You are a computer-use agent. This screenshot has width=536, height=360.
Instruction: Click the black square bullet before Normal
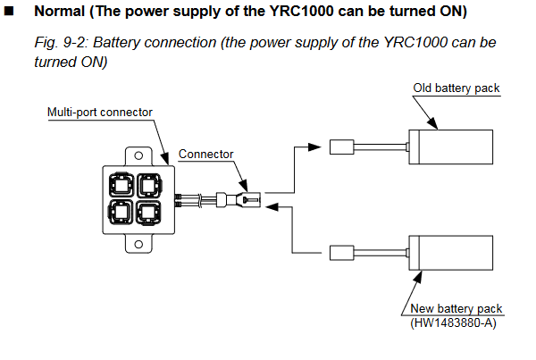9,11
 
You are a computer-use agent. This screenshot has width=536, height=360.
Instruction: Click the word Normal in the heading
60,12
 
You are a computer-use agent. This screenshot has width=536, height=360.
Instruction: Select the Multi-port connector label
100,113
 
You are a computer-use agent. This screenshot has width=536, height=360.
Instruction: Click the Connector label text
205,155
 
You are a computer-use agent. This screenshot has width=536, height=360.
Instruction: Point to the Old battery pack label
456,88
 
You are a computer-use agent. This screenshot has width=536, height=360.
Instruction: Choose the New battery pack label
456,308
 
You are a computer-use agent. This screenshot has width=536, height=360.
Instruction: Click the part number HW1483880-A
453,323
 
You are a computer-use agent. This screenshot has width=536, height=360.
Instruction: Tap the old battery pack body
451,147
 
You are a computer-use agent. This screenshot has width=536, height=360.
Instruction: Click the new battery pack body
451,253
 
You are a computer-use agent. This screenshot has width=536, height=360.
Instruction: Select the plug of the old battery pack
342,147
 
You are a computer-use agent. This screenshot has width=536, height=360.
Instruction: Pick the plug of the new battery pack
342,253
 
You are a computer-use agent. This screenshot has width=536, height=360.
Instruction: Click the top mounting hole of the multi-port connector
138,156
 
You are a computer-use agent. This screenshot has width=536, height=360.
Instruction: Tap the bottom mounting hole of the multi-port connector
138,245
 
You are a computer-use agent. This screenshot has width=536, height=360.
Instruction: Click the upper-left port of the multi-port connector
121,185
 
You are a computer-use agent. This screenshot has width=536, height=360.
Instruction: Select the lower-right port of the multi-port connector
148,213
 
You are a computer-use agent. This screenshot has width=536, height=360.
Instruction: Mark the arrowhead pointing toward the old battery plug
314,147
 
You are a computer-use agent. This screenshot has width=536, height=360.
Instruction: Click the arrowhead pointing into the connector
272,206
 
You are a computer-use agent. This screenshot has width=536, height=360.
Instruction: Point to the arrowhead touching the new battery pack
418,277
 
